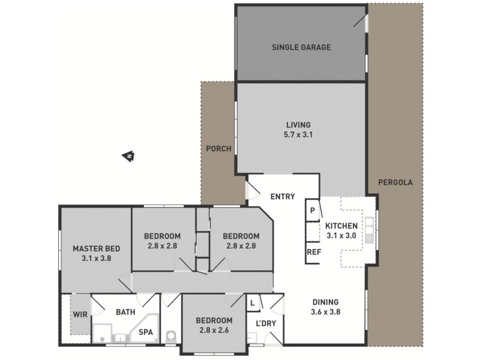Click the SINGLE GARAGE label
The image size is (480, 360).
point(301,47)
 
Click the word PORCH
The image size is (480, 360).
point(218,149)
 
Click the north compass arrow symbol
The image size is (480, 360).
point(129,157)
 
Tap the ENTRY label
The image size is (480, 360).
point(281,196)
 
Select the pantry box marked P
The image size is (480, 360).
point(313,211)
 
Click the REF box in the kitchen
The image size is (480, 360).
point(313,252)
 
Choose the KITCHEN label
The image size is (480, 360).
point(341,226)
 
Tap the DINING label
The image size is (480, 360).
point(325,302)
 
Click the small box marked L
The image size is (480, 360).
point(253,303)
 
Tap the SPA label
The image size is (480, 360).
point(145,331)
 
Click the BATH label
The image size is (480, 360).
point(124,312)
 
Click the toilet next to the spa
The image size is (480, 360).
point(171,337)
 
